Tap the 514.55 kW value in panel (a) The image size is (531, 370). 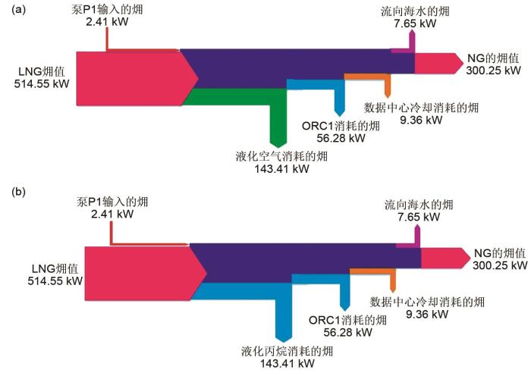(42, 84)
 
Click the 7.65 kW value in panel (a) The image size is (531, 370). (411, 24)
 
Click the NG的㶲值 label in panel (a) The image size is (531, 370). (493, 58)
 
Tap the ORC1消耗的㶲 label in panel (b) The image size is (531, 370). (347, 320)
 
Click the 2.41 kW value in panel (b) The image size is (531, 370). (108, 215)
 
